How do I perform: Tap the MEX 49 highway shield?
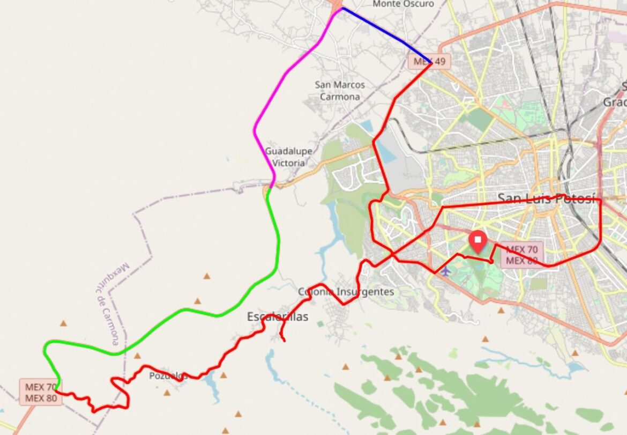click(429, 61)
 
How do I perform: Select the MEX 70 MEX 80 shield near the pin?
click(522, 255)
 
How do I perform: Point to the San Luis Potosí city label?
click(547, 198)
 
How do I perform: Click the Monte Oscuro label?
click(403, 4)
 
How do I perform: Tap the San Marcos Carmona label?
click(340, 91)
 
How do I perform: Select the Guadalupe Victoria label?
click(288, 157)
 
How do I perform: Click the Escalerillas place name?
click(278, 316)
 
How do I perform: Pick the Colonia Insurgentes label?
click(346, 292)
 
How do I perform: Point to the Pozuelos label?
click(168, 375)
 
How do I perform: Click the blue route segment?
click(386, 33)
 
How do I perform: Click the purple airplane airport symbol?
click(445, 270)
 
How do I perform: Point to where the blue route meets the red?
click(431, 63)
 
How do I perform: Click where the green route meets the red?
click(56, 390)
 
